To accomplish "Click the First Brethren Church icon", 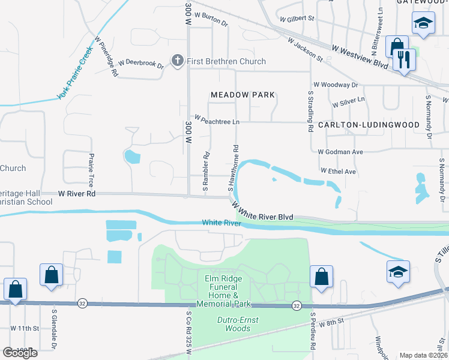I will click(177, 61).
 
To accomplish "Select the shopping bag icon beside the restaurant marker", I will click(397, 47).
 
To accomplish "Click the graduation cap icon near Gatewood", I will click(423, 24).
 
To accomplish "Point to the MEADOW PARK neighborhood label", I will click(243, 95).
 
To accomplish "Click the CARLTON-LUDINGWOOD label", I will click(369, 125).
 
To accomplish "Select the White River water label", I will click(221, 223).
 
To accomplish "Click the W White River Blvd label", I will click(263, 211).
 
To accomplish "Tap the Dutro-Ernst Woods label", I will click(238, 324).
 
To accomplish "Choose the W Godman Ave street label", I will click(340, 152).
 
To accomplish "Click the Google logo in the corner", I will click(20, 353).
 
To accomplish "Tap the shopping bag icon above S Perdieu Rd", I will click(321, 277).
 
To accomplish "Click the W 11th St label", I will click(24, 328).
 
